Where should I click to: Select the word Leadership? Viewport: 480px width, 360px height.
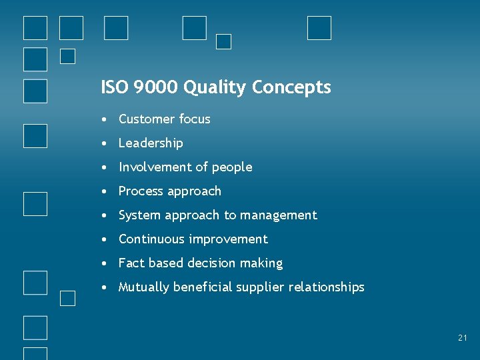[151, 143]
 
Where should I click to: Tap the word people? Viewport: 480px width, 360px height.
[232, 168]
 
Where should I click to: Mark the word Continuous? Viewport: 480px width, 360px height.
[152, 239]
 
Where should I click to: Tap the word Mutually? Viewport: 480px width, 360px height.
[144, 287]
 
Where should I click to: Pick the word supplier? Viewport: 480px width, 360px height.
[257, 287]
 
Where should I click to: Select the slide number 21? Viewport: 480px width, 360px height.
[463, 338]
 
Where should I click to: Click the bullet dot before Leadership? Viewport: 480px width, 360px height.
[105, 144]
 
